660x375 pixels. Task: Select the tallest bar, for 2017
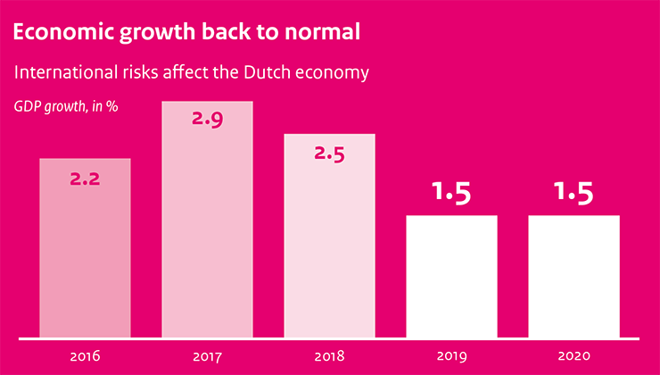pos(207,223)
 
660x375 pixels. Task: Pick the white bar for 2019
pos(451,277)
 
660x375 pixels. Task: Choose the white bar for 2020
pos(573,277)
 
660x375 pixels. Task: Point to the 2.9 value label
pos(207,120)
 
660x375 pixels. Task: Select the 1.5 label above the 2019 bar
pos(451,193)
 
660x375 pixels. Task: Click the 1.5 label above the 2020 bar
pos(573,193)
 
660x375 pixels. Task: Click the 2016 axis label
pos(86,357)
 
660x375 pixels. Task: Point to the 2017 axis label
pos(207,357)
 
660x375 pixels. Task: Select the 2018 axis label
pos(329,357)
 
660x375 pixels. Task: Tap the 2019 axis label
pos(451,357)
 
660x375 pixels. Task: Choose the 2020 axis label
pos(573,357)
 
